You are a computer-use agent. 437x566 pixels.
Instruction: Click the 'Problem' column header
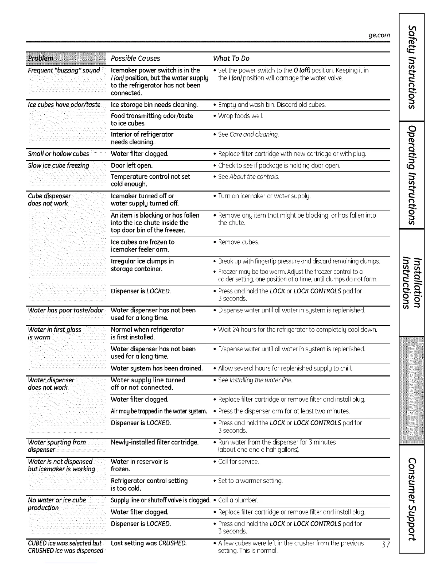pyautogui.click(x=41, y=58)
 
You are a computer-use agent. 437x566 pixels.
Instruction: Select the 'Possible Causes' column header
pyautogui.click(x=135, y=58)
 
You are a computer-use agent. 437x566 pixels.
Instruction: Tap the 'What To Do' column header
pyautogui.click(x=231, y=58)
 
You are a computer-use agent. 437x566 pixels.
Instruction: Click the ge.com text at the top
pyautogui.click(x=379, y=35)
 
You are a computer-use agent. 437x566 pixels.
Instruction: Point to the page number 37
pyautogui.click(x=386, y=545)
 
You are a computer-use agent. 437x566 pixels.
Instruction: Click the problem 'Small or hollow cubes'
pyautogui.click(x=59, y=154)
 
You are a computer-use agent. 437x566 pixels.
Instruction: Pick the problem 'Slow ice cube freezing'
pyautogui.click(x=59, y=165)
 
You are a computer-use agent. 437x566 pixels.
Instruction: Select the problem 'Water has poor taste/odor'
pyautogui.click(x=66, y=310)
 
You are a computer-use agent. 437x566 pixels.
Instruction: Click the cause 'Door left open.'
pyautogui.click(x=132, y=165)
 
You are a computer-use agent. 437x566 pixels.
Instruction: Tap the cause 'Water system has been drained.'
pyautogui.click(x=157, y=368)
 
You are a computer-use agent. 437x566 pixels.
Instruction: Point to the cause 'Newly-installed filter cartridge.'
pyautogui.click(x=155, y=442)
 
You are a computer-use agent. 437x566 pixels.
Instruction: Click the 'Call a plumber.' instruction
pyautogui.click(x=238, y=500)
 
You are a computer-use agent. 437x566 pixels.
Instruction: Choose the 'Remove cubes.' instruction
pyautogui.click(x=238, y=242)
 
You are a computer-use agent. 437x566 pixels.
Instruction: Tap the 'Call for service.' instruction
pyautogui.click(x=238, y=461)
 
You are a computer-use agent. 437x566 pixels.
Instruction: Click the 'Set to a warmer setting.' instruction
pyautogui.click(x=250, y=481)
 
